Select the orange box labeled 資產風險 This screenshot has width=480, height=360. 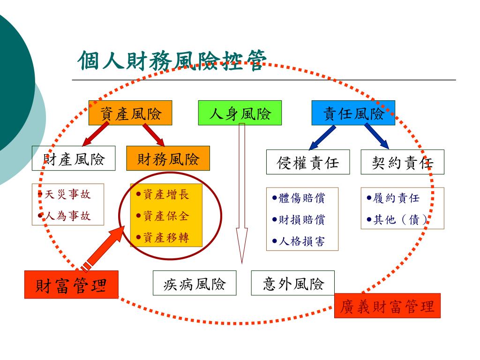pyautogui.click(x=130, y=113)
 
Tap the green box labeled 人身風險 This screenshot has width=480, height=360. pyautogui.click(x=240, y=113)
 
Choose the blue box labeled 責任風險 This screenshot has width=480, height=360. pyautogui.click(x=353, y=113)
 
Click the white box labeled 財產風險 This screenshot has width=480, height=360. pyautogui.click(x=74, y=158)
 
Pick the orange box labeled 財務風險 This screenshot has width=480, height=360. pyautogui.click(x=168, y=158)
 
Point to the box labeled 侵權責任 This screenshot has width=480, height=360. pyautogui.click(x=308, y=162)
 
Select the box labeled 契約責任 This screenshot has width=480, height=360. pyautogui.click(x=402, y=162)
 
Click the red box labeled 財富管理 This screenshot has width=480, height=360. pyautogui.click(x=71, y=285)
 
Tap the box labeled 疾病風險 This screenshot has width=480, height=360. pyautogui.click(x=195, y=283)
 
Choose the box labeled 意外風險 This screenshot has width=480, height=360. pyautogui.click(x=293, y=283)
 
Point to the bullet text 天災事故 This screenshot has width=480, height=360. pyautogui.click(x=67, y=194)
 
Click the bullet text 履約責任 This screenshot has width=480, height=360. pyautogui.click(x=396, y=198)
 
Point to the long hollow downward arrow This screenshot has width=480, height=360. pyautogui.click(x=241, y=192)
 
